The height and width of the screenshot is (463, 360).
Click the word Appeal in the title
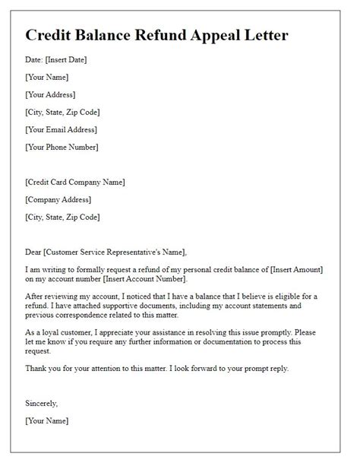(200, 36)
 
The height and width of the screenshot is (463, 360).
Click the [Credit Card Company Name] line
(75, 182)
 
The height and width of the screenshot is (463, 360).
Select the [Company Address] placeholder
(58, 199)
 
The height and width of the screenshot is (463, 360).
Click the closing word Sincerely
(42, 403)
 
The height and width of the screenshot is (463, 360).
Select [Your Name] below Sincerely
(47, 420)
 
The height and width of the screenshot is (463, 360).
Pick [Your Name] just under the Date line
(47, 78)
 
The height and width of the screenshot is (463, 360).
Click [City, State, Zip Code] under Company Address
(62, 217)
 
